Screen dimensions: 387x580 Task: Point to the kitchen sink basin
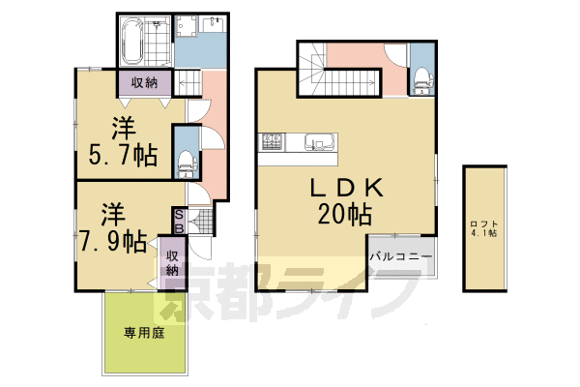(316, 145)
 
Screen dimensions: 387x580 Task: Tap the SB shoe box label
(180, 221)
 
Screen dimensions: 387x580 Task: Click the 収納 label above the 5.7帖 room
(146, 83)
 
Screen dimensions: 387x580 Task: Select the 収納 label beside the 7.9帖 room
(172, 262)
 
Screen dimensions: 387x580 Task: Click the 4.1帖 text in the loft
(484, 233)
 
